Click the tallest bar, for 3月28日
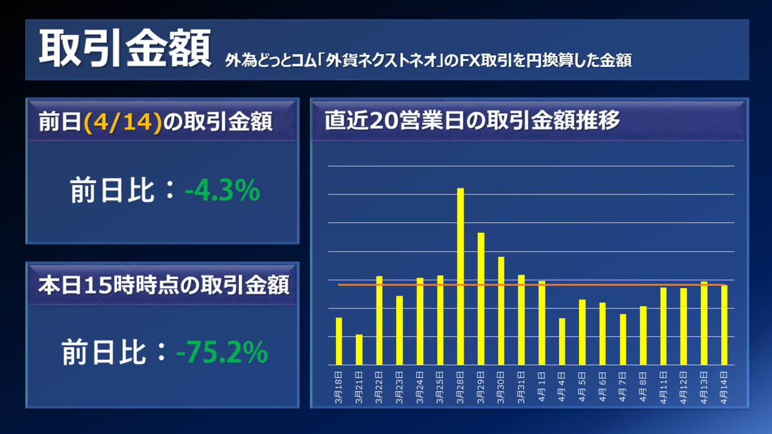pyautogui.click(x=461, y=276)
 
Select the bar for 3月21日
pyautogui.click(x=359, y=350)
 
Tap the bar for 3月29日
pyautogui.click(x=481, y=299)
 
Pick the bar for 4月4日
pyautogui.click(x=562, y=341)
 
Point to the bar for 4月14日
pyautogui.click(x=724, y=325)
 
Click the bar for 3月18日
pyautogui.click(x=339, y=341)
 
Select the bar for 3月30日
pyautogui.click(x=501, y=311)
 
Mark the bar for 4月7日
pyautogui.click(x=623, y=339)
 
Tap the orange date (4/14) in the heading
pyautogui.click(x=122, y=121)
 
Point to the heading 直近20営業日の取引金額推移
pyautogui.click(x=472, y=120)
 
